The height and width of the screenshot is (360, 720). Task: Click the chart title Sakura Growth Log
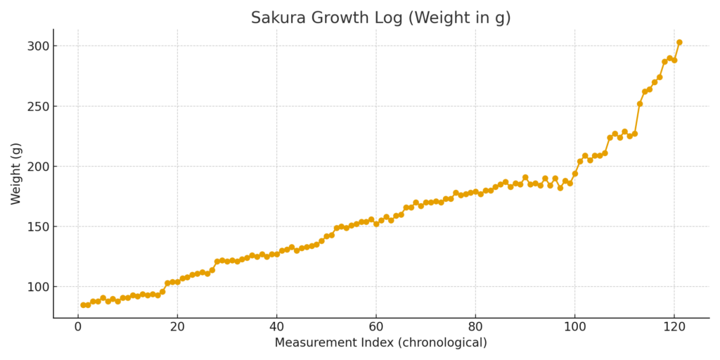[380, 18]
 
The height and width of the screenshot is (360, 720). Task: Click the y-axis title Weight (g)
[16, 173]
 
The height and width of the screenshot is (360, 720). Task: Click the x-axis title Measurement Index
[380, 343]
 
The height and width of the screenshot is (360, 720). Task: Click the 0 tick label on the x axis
[78, 327]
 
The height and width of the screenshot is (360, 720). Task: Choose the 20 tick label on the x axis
[177, 327]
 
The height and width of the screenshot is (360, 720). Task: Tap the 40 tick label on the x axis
[276, 327]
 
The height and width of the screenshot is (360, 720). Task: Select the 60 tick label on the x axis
[376, 327]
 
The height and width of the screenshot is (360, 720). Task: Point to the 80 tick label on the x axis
[475, 327]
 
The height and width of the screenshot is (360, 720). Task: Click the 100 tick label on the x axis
[574, 327]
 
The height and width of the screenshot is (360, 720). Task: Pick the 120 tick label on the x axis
[674, 327]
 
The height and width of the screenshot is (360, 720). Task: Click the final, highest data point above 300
[679, 42]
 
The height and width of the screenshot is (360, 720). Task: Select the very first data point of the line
[83, 305]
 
